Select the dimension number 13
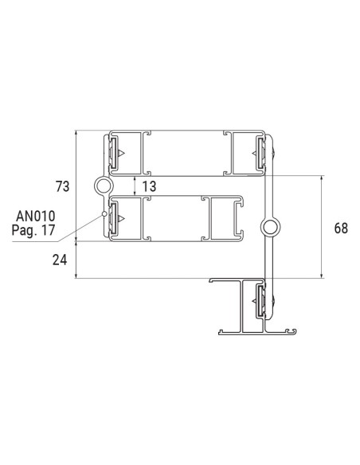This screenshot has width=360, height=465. pos(148,186)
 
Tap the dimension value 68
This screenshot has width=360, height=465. pos(341,229)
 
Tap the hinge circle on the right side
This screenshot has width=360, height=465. pos(270,229)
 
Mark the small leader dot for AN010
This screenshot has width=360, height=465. pos(104,213)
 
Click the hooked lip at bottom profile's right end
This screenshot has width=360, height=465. pos(292,328)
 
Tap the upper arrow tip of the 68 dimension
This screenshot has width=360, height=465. pos(322,178)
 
